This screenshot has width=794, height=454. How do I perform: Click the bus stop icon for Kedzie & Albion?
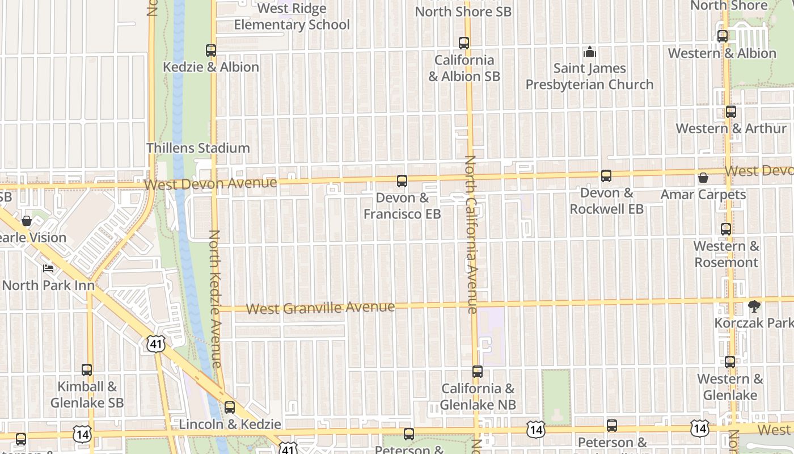point(211,50)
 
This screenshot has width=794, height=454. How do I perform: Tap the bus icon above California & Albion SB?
point(464,43)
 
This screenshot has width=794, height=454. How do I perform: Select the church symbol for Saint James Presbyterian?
point(590,52)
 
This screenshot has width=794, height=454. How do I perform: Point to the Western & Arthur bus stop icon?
point(731,112)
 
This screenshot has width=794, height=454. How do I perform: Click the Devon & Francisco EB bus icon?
point(402,181)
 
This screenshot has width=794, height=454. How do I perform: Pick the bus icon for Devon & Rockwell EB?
point(606,176)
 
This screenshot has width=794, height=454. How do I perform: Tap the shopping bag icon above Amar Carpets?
point(703,178)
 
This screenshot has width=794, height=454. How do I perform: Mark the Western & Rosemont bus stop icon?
point(726,229)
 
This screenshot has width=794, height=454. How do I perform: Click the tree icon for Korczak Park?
point(754,306)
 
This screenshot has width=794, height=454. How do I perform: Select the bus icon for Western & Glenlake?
point(730,361)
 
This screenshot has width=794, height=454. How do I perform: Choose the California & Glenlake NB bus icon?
point(478,372)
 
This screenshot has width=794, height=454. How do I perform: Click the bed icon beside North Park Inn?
point(49,268)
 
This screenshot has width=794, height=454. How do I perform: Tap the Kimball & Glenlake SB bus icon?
point(87,370)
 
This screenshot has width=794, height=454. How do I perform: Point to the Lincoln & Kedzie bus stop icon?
point(230,407)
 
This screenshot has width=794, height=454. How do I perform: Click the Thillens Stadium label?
point(198,148)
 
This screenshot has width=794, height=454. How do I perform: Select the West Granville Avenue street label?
point(321,308)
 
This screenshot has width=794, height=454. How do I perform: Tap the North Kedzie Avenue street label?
point(215,298)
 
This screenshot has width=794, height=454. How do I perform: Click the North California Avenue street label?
point(471,234)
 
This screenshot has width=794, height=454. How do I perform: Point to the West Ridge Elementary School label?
point(292,17)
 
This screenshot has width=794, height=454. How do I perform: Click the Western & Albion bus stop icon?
point(723,36)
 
